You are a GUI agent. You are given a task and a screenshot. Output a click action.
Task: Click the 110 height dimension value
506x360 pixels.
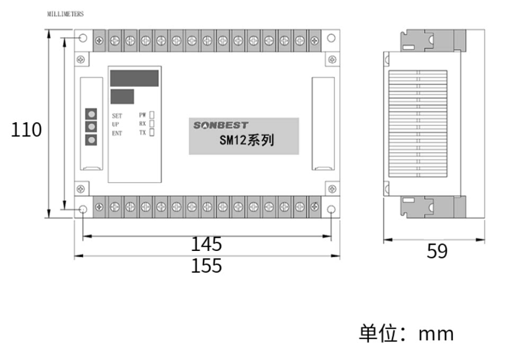point(26,130)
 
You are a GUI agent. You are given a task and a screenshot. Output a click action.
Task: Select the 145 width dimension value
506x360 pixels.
point(206,244)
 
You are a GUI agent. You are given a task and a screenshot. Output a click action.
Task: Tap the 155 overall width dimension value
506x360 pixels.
point(206,265)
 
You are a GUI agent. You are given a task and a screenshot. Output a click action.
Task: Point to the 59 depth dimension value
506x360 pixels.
point(437,251)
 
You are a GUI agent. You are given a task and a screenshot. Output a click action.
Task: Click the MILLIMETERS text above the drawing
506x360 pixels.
point(66,14)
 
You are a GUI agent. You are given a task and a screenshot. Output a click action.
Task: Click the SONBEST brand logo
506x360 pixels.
point(220,125)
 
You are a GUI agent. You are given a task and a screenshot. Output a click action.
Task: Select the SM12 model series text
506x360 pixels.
point(246,141)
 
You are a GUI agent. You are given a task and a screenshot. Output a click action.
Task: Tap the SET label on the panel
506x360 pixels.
point(117,115)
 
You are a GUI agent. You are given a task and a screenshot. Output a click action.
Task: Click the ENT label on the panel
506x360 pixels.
point(117,133)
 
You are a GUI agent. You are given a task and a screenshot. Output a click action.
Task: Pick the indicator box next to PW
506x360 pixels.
point(152,114)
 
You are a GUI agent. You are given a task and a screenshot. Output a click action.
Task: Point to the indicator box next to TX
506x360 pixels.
point(152,133)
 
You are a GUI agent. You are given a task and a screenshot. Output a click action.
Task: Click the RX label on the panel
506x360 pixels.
point(143,124)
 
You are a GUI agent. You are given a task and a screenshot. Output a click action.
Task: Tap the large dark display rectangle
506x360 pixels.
point(134,78)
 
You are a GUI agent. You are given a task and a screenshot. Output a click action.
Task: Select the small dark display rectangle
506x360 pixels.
point(122,97)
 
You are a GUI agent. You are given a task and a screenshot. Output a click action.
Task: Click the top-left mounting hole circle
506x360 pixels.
point(83,38)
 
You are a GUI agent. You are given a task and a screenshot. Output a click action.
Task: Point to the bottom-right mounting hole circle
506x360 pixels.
point(331,210)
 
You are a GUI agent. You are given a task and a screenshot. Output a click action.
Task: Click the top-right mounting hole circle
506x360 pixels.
point(331,38)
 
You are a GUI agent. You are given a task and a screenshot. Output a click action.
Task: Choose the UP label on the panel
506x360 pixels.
point(116,124)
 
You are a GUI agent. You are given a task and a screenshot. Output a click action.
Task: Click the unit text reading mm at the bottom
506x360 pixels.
point(436,334)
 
